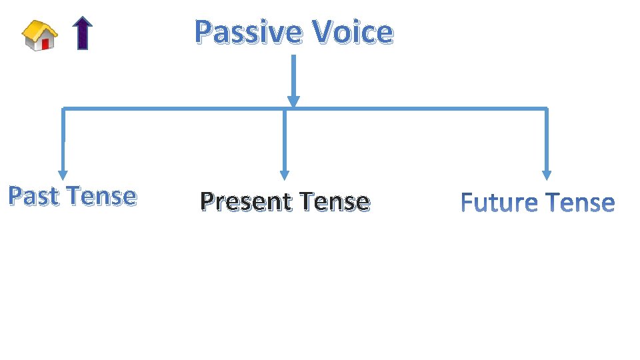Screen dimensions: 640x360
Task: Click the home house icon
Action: (x=39, y=35)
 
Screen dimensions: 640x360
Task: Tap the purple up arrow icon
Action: (x=82, y=33)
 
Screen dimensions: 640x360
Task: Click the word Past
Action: (x=34, y=196)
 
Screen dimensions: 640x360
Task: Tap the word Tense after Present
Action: (x=335, y=201)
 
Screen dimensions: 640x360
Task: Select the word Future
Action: (x=499, y=202)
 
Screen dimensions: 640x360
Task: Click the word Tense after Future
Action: (x=579, y=202)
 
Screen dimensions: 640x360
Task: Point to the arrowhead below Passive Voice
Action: (x=293, y=101)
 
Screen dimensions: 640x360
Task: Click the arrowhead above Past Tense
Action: (x=63, y=175)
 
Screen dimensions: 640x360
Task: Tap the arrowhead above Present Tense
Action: (x=285, y=175)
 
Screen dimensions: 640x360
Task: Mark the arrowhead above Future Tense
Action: (x=547, y=175)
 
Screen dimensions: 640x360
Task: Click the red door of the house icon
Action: (x=45, y=44)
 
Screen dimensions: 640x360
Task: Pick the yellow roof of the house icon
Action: (x=38, y=28)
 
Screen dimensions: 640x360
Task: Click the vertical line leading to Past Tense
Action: (x=63, y=140)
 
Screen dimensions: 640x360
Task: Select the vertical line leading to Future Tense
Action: (x=547, y=140)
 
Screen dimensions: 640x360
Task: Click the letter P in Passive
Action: (x=203, y=32)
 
